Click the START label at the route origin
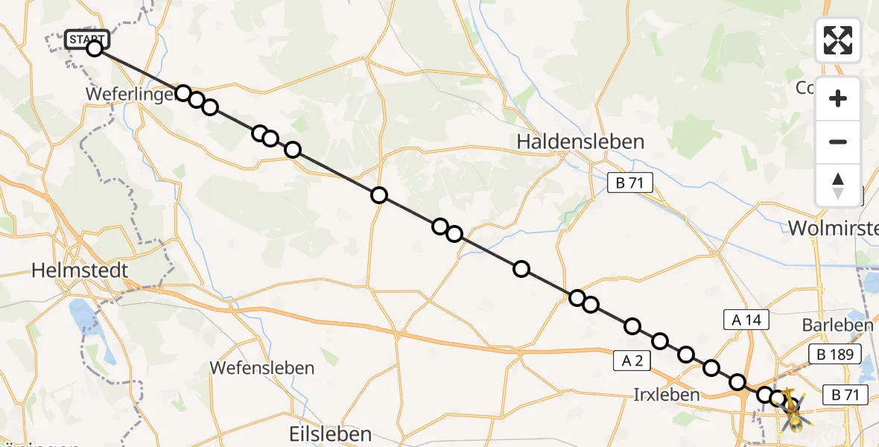point(87,39)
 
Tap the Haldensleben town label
point(580,141)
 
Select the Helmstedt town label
point(80,270)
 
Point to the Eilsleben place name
point(329,434)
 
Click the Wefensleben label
point(261,367)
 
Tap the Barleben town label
point(837,325)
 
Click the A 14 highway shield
point(746,320)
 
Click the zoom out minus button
point(838,142)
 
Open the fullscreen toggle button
point(838,40)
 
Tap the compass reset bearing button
point(838,185)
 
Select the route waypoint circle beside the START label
point(94,48)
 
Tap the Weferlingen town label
point(130,95)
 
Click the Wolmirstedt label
point(833,229)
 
